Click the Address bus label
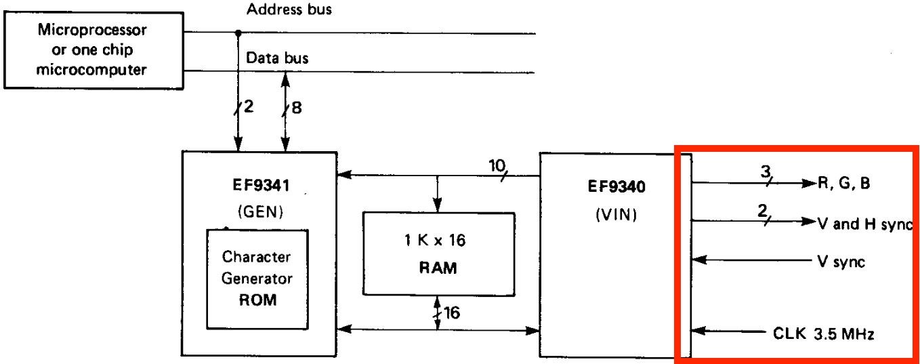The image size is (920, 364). [x=289, y=9]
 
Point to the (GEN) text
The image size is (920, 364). [x=259, y=211]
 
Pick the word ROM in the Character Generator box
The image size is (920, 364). [x=258, y=300]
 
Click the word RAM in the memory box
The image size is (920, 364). [x=438, y=268]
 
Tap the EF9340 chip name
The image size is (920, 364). [x=616, y=187]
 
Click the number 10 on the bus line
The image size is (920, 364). [x=497, y=165]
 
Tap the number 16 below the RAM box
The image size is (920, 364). [x=451, y=313]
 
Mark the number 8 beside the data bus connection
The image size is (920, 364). [x=296, y=106]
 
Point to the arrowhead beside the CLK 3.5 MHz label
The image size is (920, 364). [x=698, y=331]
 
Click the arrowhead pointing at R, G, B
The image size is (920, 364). [x=808, y=184]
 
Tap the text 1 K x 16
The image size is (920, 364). [x=438, y=239]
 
